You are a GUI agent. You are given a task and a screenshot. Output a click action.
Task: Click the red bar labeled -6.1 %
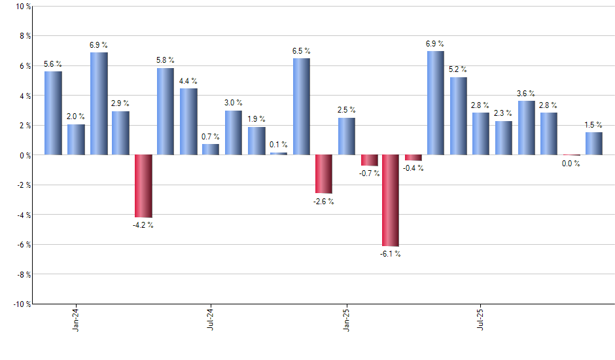[391, 200]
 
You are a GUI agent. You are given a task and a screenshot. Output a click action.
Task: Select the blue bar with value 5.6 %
[53, 113]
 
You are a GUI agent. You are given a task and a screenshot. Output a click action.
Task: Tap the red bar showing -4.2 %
[143, 186]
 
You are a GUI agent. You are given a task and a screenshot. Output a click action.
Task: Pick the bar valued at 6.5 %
[301, 107]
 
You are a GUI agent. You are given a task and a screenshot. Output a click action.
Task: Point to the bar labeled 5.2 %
[458, 116]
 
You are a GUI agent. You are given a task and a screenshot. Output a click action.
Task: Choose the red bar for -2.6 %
[323, 174]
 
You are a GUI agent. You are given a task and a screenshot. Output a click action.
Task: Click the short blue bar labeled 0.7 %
[211, 150]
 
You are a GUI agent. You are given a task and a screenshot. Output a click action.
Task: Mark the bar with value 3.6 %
[526, 128]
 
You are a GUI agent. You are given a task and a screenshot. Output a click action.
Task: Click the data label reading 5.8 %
[166, 60]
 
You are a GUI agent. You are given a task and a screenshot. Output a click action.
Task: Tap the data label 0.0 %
[571, 164]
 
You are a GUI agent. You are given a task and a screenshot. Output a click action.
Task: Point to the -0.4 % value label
[413, 168]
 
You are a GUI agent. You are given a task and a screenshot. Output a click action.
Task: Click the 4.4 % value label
[188, 81]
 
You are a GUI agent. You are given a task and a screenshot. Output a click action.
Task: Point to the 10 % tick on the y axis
[22, 7]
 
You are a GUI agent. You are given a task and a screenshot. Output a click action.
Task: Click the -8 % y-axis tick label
[22, 274]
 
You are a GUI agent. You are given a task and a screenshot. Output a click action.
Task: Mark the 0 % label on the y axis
[24, 155]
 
